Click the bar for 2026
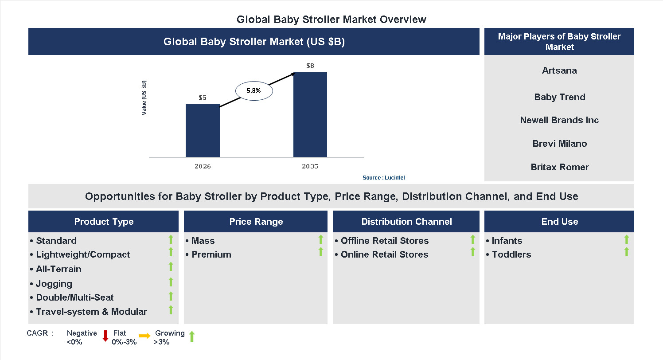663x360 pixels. pyautogui.click(x=203, y=131)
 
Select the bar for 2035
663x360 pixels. pyautogui.click(x=310, y=115)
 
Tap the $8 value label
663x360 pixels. pyautogui.click(x=310, y=66)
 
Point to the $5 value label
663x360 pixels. pyautogui.click(x=203, y=98)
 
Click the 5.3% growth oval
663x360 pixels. pyautogui.click(x=253, y=90)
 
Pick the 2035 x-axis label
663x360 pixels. pyautogui.click(x=310, y=167)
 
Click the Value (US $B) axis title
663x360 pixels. pyautogui.click(x=144, y=98)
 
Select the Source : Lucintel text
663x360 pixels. pyautogui.click(x=383, y=178)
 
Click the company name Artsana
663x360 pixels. pyautogui.click(x=559, y=70)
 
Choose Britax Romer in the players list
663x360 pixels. pyautogui.click(x=559, y=167)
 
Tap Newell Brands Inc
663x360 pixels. pyautogui.click(x=559, y=120)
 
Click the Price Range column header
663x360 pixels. pyautogui.click(x=256, y=222)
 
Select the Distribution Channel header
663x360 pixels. pyautogui.click(x=406, y=222)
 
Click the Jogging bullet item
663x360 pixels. pyautogui.click(x=54, y=284)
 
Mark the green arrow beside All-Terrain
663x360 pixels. pyautogui.click(x=171, y=266)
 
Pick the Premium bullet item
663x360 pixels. pyautogui.click(x=211, y=254)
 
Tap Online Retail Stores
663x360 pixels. pyautogui.click(x=384, y=254)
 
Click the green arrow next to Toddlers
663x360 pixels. pyautogui.click(x=626, y=252)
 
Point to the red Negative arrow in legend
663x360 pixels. pyautogui.click(x=105, y=336)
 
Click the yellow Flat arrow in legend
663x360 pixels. pyautogui.click(x=144, y=336)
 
